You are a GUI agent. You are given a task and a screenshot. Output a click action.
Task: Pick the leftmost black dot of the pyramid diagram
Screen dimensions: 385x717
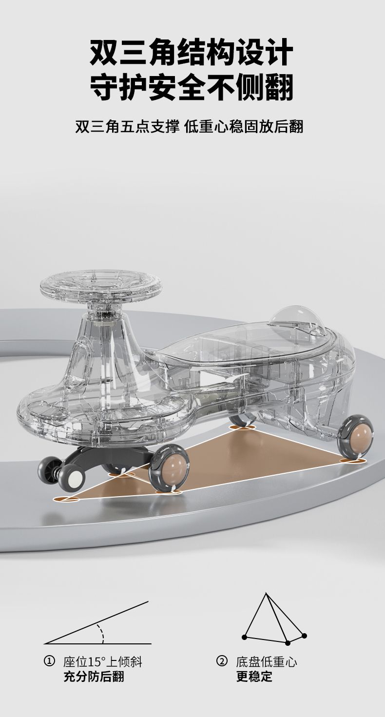point(244,635)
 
